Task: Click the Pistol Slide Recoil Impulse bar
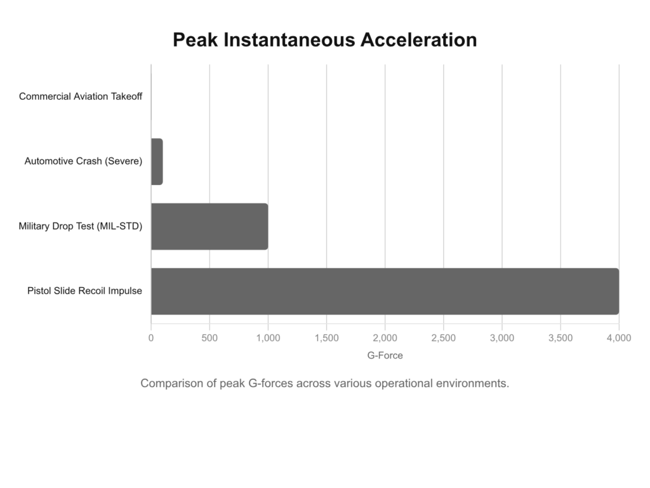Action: pos(385,291)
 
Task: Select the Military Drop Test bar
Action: pos(209,226)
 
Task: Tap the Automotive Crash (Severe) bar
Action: pos(157,161)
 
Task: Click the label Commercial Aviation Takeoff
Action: pos(81,97)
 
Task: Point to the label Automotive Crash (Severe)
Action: pos(83,161)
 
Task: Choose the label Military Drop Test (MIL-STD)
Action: pos(81,226)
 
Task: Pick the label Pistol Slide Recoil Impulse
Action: pos(84,291)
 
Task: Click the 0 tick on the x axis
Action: pos(151,338)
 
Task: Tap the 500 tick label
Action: pos(209,338)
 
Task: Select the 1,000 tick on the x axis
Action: pos(268,338)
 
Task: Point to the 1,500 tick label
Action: pos(326,338)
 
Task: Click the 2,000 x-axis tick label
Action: pos(385,338)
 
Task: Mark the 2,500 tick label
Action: pos(443,338)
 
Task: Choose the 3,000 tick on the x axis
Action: pos(501,338)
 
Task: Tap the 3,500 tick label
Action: pos(560,338)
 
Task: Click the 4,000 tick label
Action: pos(618,338)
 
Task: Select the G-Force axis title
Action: pos(385,356)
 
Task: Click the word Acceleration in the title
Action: pos(418,40)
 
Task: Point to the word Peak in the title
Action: pos(195,40)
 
